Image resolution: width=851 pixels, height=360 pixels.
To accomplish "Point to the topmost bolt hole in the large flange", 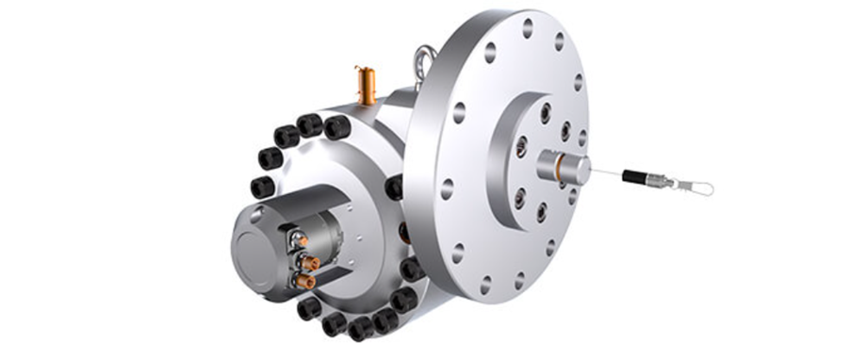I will coord(528,28).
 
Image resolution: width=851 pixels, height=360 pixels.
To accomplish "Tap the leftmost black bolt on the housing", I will coord(262,185).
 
